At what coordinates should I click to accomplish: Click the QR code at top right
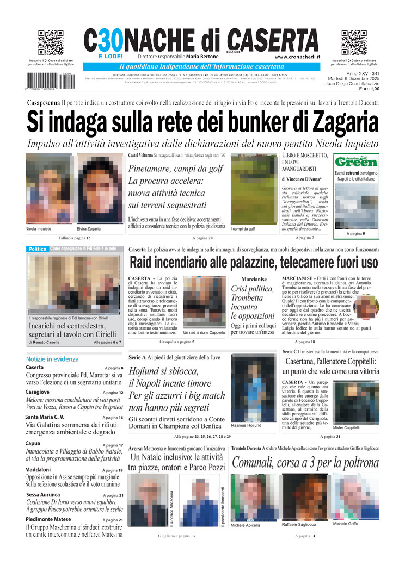(354, 43)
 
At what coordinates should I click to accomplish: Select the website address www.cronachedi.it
(297, 57)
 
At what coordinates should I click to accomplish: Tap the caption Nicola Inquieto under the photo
(38, 229)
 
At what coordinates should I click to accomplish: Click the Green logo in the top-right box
(356, 162)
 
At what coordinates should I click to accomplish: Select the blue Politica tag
(38, 249)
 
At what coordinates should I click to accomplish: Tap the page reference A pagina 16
(114, 417)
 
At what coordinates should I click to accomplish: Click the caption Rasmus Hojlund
(247, 426)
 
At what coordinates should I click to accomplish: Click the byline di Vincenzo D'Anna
(302, 178)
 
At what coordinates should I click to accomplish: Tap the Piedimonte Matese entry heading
(48, 519)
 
